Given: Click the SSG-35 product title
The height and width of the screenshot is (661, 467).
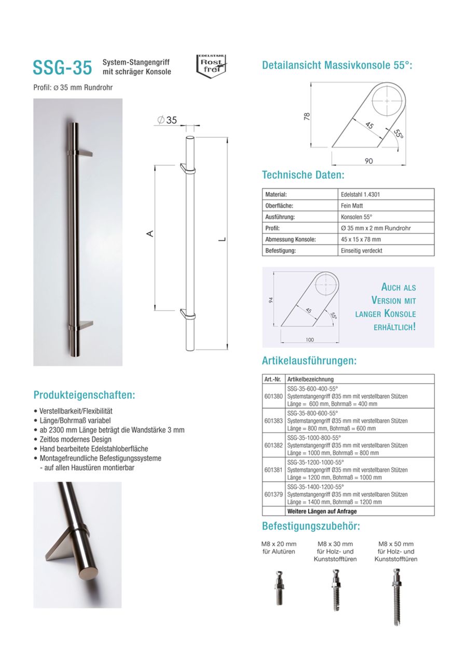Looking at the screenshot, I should tap(62, 68).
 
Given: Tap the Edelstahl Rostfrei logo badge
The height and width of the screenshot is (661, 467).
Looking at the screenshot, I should tap(211, 66).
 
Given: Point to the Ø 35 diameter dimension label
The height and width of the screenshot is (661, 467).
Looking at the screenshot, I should tap(167, 120).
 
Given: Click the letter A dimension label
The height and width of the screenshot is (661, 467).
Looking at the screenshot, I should tap(150, 234).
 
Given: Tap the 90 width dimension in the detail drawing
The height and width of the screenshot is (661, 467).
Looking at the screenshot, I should tap(368, 161).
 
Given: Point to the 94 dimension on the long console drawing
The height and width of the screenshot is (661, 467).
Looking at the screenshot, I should tap(271, 300).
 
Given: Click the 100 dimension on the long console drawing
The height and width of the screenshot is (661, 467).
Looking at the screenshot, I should tap(310, 340).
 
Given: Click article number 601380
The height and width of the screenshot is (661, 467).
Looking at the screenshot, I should tap(273, 396).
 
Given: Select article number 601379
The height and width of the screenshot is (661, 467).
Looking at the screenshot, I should tap(273, 494).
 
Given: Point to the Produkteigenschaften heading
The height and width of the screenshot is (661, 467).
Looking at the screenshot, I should tap(85, 395).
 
